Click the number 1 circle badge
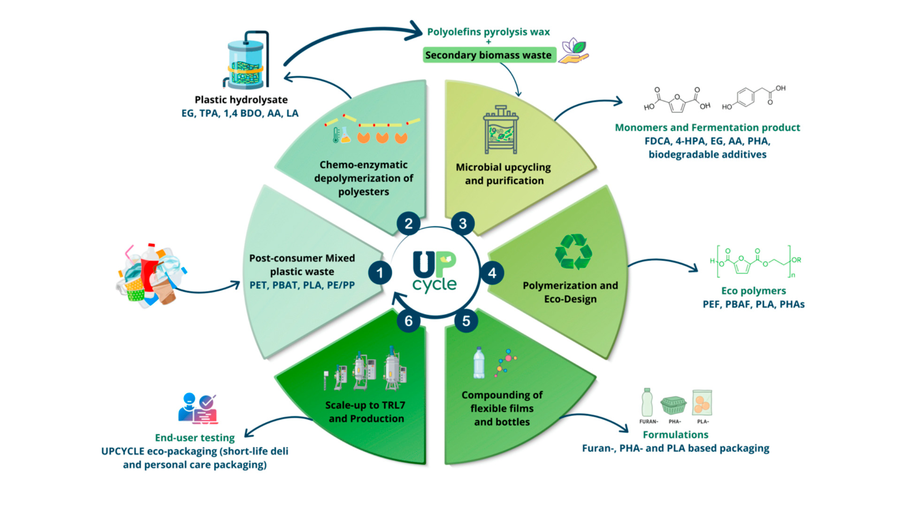380,273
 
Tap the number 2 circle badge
409,223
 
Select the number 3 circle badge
463,223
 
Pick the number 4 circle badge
492,273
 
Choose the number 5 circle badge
466,321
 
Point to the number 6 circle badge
409,321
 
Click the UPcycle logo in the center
435,272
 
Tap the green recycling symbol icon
573,252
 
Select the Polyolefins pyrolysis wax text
488,32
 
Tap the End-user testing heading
195,438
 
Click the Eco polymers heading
754,291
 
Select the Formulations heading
675,435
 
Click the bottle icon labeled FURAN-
647,402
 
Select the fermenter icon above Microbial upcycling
501,130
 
